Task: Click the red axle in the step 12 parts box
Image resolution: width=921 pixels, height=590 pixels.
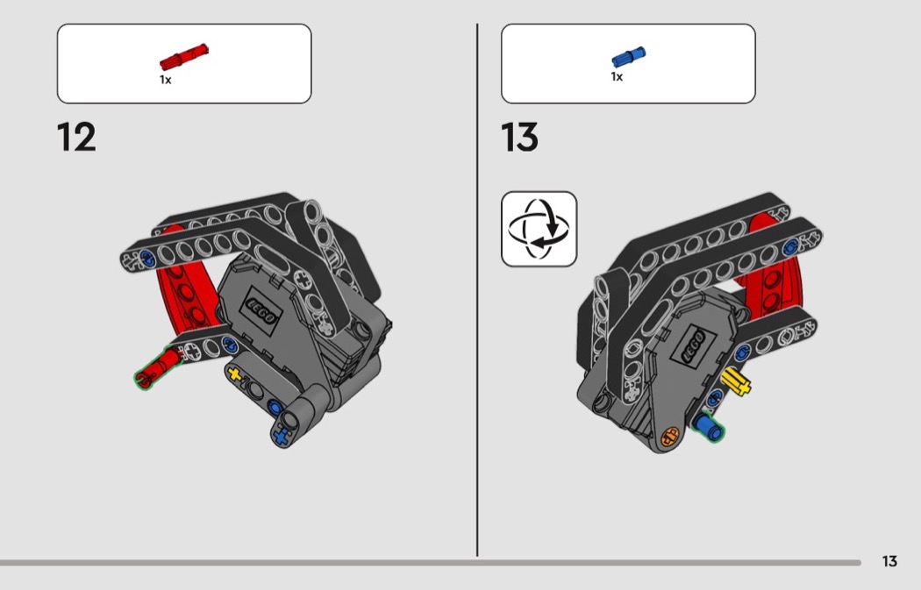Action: [184, 57]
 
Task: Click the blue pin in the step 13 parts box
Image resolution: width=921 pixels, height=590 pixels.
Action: [629, 57]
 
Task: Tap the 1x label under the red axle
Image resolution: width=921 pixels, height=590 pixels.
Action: [166, 79]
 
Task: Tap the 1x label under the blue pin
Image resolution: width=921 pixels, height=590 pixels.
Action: [617, 77]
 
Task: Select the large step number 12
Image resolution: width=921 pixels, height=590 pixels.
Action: [76, 138]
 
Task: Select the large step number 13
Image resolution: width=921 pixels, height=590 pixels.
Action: [520, 138]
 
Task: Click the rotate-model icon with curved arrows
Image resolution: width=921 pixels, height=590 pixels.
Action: [539, 229]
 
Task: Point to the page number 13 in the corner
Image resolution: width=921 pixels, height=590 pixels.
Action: [890, 561]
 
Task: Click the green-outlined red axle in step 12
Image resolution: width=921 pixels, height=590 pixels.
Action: [158, 367]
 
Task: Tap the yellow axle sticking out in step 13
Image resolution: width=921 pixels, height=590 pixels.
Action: [736, 381]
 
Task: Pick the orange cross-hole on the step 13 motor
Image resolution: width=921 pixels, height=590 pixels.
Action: [670, 437]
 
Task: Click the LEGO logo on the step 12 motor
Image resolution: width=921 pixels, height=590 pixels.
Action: [260, 311]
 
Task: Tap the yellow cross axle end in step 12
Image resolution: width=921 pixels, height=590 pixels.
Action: [235, 374]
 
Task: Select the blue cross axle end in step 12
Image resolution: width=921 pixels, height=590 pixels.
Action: [282, 436]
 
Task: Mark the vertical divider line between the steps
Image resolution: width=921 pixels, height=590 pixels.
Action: [477, 290]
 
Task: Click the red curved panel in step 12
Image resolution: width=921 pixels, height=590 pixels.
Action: [184, 281]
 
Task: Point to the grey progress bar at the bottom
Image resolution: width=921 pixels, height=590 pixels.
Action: [431, 563]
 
